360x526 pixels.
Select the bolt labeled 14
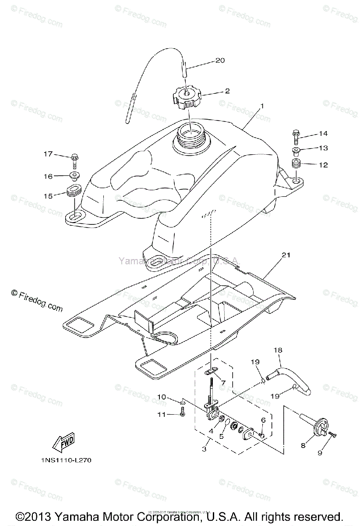296,136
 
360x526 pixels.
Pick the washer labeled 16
74,177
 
